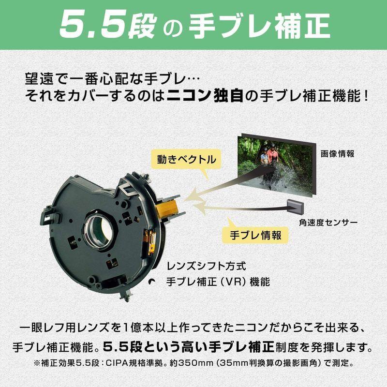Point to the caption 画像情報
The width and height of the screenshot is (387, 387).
[x=337, y=154]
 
